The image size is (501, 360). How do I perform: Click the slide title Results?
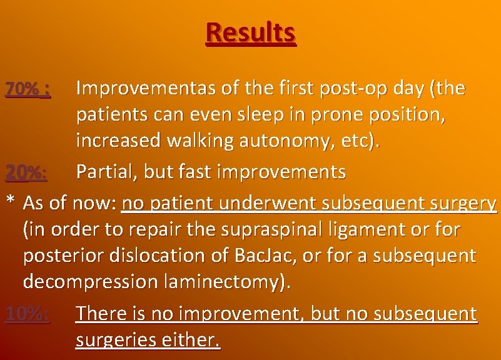tap(250, 32)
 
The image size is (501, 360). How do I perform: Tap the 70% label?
tap(27, 90)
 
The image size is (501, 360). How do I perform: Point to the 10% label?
tap(27, 314)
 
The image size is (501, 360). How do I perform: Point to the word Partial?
tap(106, 172)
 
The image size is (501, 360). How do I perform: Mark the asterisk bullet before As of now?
tap(10, 202)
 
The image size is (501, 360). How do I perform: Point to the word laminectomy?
tap(226, 282)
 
